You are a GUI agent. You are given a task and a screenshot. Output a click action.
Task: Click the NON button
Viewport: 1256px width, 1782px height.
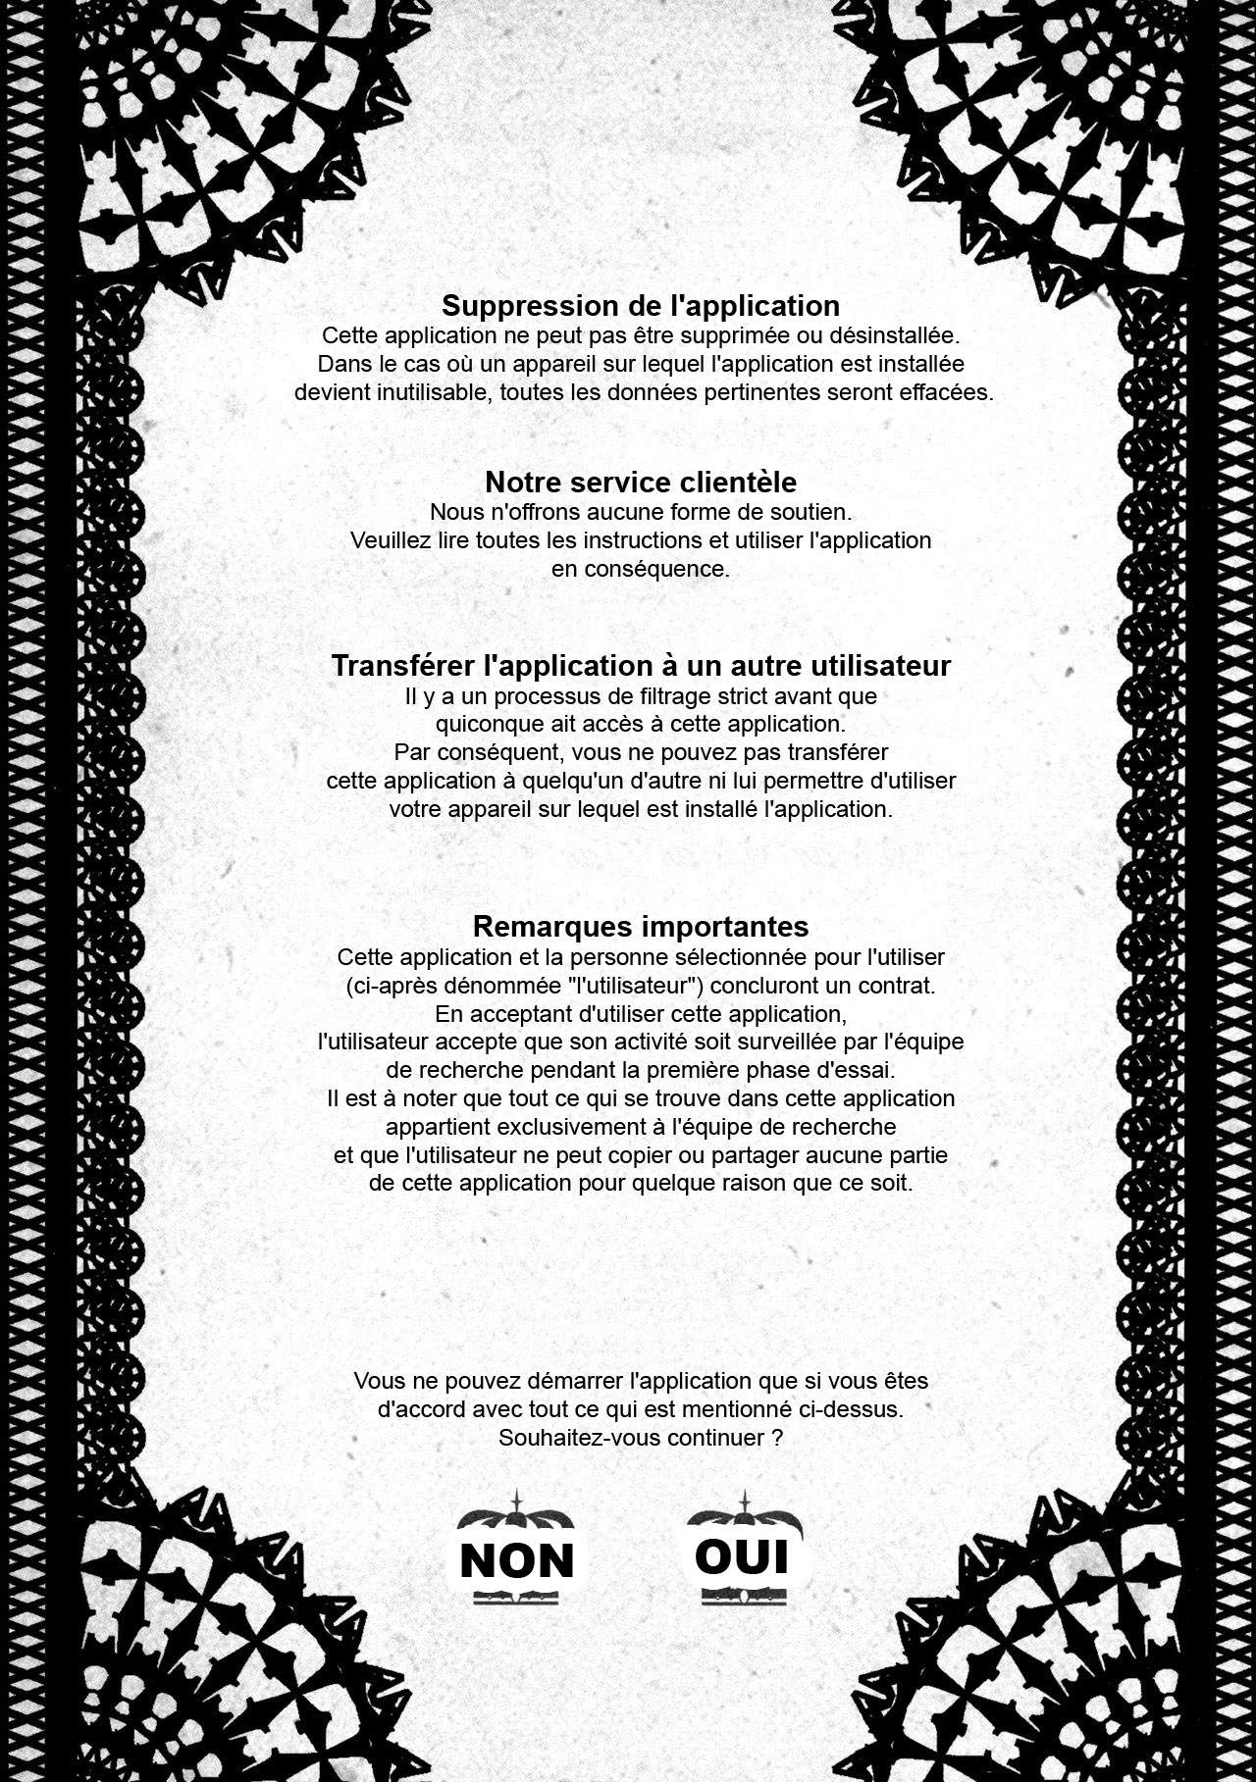tap(516, 1559)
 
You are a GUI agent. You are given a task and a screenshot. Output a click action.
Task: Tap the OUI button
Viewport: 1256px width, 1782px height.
tap(742, 1556)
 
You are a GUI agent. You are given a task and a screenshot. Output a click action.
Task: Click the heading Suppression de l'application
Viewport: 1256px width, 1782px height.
tap(640, 305)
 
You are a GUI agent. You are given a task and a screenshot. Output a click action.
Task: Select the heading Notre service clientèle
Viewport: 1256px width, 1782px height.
tap(640, 482)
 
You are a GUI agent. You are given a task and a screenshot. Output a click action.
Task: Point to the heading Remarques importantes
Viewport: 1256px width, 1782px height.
tap(640, 926)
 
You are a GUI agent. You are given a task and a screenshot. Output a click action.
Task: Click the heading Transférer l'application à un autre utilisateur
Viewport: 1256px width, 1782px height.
tap(640, 665)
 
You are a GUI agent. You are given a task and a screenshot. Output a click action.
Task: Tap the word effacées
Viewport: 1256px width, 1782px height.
tap(944, 393)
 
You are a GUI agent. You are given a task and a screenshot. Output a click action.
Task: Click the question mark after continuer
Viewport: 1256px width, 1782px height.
tap(777, 1438)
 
